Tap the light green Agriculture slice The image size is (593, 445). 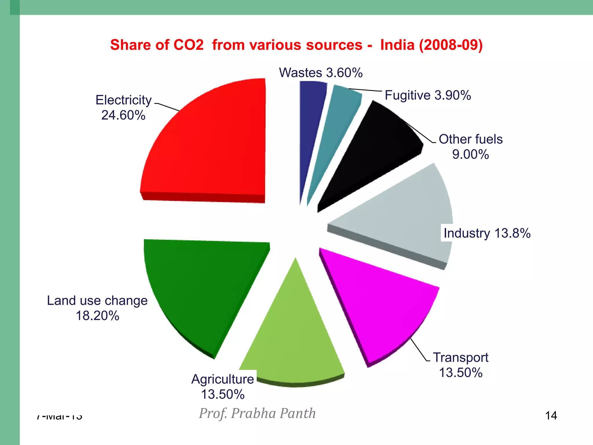292,339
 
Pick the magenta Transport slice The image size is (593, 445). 379,307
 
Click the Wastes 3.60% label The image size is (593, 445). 321,73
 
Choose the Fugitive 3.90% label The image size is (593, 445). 428,95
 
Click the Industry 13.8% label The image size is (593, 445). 487,233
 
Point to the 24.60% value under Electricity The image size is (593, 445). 123,115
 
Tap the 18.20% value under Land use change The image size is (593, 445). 98,316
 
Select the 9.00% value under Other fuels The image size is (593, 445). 471,154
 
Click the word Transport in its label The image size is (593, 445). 460,358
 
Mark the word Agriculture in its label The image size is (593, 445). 222,379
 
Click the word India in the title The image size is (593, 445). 397,45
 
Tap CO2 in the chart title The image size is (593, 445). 188,45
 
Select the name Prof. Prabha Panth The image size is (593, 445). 257,413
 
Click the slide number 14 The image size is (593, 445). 551,416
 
